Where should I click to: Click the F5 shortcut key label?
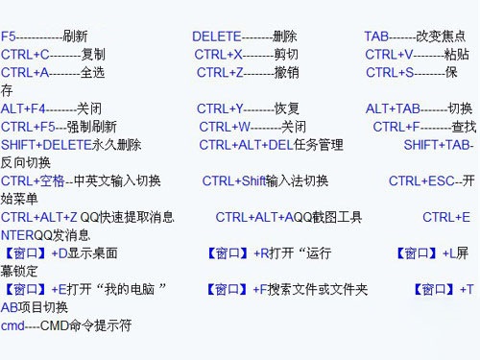(x=9, y=36)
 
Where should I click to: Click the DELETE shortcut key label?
(x=217, y=36)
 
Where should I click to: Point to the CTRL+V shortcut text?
(x=388, y=55)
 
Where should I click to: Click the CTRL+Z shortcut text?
(x=220, y=72)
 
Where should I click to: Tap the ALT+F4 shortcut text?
(x=23, y=108)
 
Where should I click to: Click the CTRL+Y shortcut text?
(x=220, y=108)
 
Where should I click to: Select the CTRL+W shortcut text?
(x=225, y=127)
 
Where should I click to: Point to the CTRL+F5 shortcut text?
(x=27, y=127)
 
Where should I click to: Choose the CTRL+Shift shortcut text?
(x=234, y=180)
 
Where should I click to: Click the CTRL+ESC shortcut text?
(x=420, y=180)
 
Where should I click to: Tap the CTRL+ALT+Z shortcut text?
(x=39, y=217)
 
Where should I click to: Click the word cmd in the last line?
(x=12, y=325)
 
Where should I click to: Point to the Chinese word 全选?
(x=93, y=72)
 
